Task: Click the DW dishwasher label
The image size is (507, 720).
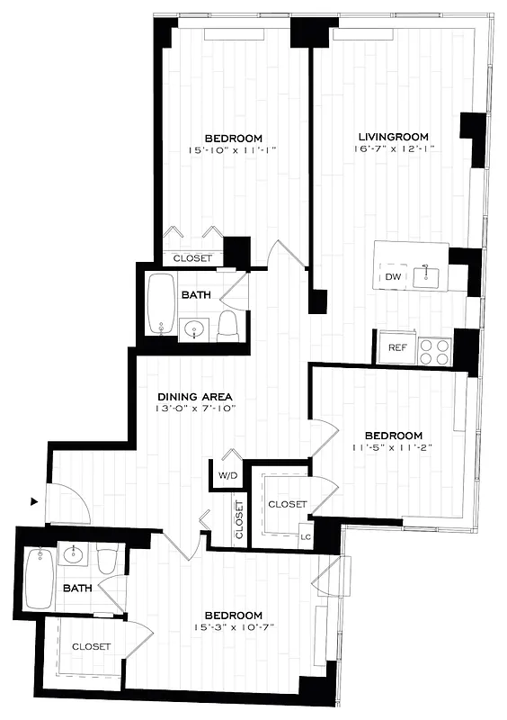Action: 392,276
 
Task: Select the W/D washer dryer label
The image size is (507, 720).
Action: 227,474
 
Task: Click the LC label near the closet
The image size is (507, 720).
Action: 305,538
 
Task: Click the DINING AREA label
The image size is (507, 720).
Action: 195,396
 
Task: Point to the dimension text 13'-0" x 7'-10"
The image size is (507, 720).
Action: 195,409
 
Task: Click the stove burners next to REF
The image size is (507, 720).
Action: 435,350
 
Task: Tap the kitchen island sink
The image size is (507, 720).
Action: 426,276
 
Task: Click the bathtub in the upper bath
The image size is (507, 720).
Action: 163,303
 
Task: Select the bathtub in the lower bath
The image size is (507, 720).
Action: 40,579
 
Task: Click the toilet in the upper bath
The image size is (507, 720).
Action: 227,325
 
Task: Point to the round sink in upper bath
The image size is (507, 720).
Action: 194,330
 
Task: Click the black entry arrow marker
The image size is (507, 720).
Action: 34,501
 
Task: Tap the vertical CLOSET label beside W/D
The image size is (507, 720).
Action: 239,519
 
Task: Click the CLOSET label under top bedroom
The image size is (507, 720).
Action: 192,258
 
